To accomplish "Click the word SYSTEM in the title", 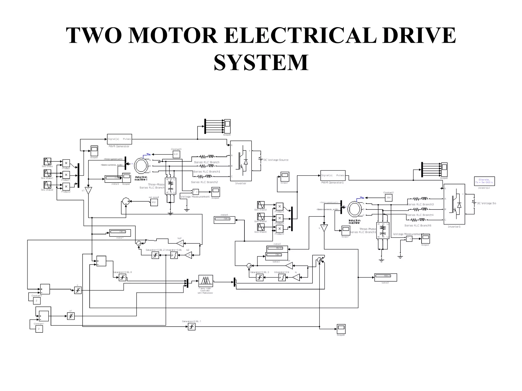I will tap(261, 63).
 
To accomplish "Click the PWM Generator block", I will tap(119, 139).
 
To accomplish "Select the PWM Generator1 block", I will tap(333, 175).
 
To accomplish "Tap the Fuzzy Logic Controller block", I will tap(205, 281).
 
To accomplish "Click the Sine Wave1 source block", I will tap(47, 173).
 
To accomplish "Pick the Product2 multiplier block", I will tap(66, 187).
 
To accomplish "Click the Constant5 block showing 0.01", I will tap(176, 154).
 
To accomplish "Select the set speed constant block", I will tap(154, 202).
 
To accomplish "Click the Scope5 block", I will tap(94, 151).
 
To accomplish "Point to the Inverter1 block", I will tap(454, 204).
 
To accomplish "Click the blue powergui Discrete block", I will tap(484, 181).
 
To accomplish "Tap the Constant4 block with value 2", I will tap(36, 301).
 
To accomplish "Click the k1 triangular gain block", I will tap(88, 191).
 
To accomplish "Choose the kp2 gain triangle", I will tap(180, 243).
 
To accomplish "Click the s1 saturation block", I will tap(71, 316).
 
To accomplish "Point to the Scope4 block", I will tap(216, 192).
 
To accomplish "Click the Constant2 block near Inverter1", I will tap(388, 198).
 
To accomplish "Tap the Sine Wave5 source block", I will tap(261, 227).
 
